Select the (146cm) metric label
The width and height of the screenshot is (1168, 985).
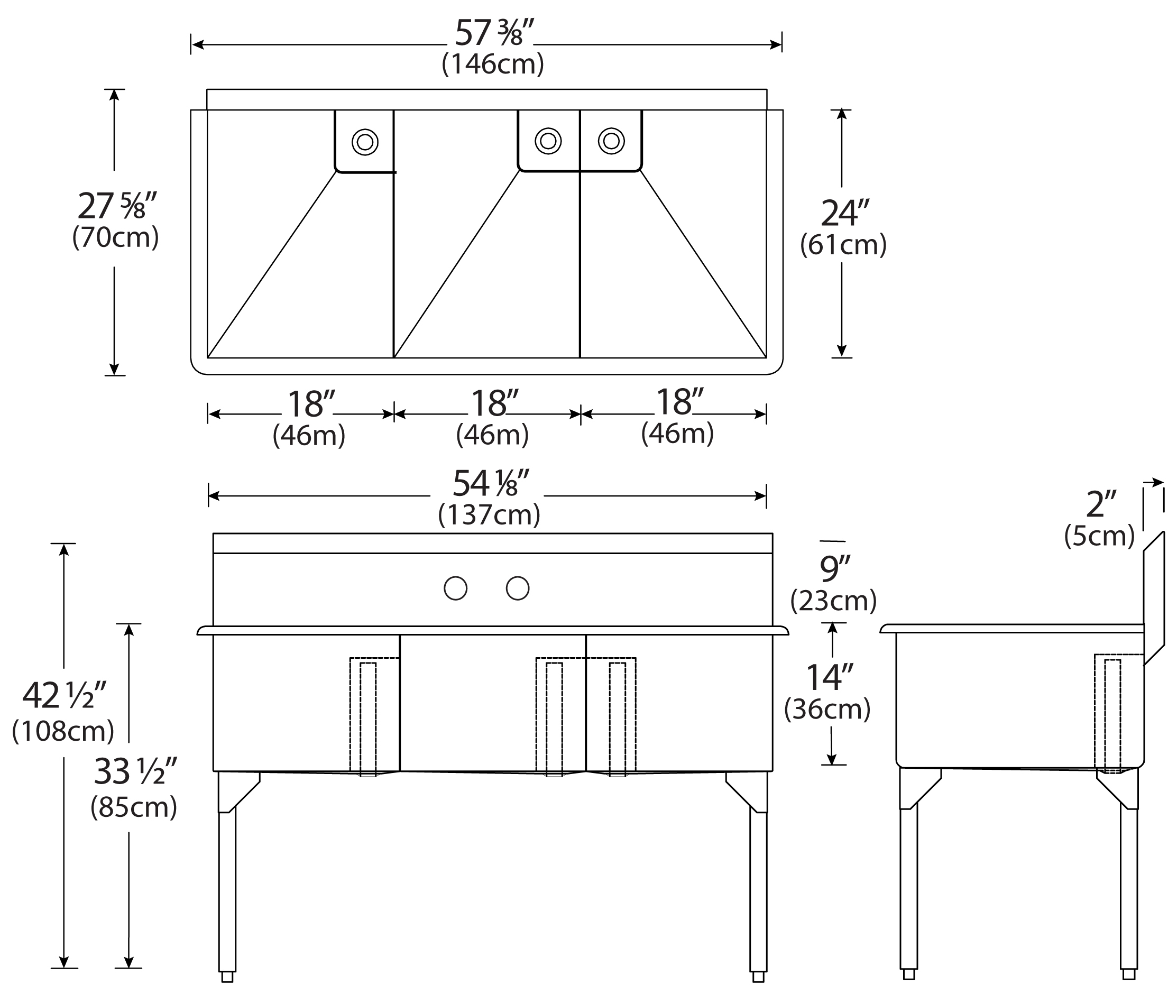[492, 64]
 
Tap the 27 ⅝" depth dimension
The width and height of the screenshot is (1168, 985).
[117, 206]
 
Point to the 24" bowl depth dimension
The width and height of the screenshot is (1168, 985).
[845, 213]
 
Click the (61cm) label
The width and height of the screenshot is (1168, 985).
[843, 245]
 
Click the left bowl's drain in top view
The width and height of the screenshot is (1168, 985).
[365, 142]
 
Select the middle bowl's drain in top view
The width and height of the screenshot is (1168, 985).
[548, 141]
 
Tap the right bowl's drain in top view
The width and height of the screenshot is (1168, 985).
[611, 141]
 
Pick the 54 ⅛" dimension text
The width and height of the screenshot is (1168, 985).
[490, 484]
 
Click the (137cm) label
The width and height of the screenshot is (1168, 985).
[489, 514]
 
